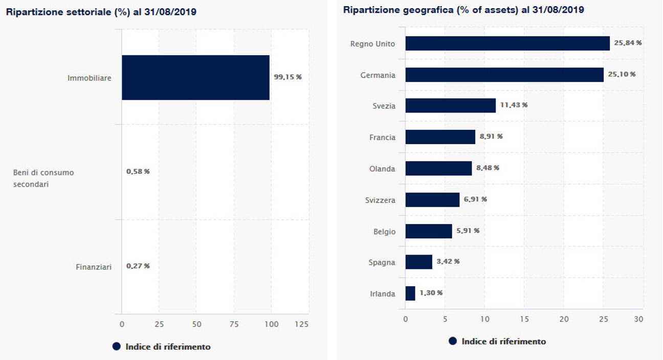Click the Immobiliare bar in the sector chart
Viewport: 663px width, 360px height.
195,77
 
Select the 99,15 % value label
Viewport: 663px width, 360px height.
288,77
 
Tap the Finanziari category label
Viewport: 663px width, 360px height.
94,266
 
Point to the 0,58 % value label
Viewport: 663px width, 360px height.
138,171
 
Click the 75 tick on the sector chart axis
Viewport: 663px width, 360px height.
234,324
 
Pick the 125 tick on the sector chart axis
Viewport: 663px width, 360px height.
302,324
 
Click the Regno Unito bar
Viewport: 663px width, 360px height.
507,43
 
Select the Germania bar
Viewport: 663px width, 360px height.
504,75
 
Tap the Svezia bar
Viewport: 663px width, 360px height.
451,105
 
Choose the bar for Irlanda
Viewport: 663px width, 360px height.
410,294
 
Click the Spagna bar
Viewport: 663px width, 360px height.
419,262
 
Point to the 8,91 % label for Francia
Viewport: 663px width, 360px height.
491,137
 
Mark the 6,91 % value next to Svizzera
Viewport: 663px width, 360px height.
475,199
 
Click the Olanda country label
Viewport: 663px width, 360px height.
382,168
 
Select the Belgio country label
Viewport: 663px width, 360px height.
384,232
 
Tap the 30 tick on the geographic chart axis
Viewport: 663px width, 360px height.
638,319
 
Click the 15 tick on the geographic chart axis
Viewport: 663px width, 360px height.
524,319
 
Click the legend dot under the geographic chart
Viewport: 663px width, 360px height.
453,341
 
